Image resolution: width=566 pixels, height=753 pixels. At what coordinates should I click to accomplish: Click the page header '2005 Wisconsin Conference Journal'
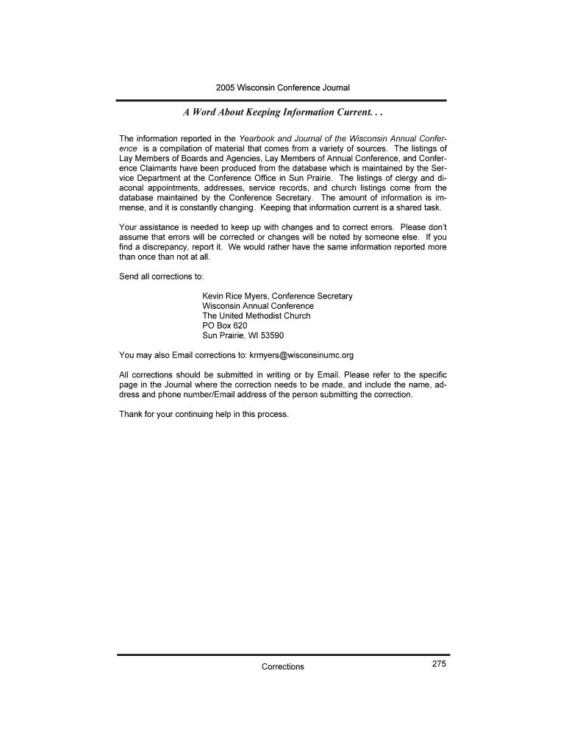point(283,88)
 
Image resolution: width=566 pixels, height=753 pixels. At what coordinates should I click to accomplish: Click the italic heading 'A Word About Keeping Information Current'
point(283,114)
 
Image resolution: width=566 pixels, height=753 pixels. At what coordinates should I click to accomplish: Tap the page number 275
point(439,664)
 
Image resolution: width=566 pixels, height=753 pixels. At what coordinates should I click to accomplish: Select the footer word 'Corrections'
point(283,667)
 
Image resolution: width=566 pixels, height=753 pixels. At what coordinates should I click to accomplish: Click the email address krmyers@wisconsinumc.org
point(301,355)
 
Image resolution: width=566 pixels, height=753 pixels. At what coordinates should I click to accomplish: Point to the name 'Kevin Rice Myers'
point(234,296)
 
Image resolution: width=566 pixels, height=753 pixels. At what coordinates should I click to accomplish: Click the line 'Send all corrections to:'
point(161,276)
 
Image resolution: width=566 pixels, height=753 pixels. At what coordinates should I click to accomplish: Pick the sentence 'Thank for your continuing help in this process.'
point(204,414)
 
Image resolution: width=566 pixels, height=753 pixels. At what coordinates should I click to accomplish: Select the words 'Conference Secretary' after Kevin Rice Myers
point(312,296)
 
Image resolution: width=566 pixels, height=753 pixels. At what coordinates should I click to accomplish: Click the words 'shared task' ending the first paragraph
point(420,207)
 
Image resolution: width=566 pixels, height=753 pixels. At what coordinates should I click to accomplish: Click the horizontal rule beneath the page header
point(283,100)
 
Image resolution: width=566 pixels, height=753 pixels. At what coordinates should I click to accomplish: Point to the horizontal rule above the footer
point(283,654)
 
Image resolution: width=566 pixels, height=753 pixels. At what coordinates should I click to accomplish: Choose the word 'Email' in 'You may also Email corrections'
point(182,355)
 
